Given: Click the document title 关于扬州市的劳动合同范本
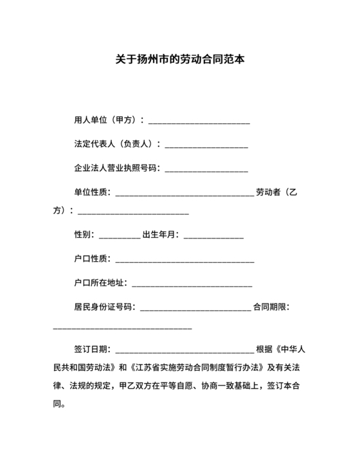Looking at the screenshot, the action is pyautogui.click(x=179, y=60).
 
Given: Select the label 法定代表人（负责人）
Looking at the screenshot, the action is pyautogui.click(x=115, y=144).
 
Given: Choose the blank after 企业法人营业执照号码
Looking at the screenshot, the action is pyautogui.click(x=206, y=170).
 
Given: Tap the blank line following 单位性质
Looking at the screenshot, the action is pyautogui.click(x=184, y=193).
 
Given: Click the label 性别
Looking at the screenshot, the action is pyautogui.click(x=84, y=235).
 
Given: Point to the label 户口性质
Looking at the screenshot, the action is pyautogui.click(x=92, y=258).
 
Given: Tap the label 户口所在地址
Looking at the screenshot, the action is pyautogui.click(x=100, y=282).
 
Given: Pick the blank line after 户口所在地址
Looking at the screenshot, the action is pyautogui.click(x=192, y=284).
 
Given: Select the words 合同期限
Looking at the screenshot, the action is pyautogui.click(x=271, y=307).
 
